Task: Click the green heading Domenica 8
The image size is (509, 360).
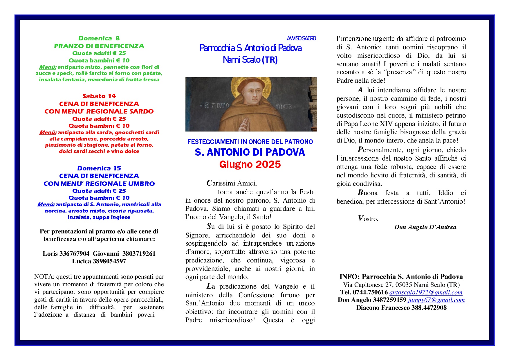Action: click(99, 38)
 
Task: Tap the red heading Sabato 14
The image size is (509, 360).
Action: click(99, 96)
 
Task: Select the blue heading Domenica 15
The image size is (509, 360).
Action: click(99, 168)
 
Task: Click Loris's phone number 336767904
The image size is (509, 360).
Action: click(74, 254)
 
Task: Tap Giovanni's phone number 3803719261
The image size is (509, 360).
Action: click(139, 254)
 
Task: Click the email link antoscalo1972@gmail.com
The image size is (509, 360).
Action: click(426, 293)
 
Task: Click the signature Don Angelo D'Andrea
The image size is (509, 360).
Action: click(425, 227)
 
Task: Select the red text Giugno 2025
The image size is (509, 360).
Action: click(250, 165)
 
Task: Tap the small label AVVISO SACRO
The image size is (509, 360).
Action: click(301, 38)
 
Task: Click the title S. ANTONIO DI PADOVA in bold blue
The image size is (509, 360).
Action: click(250, 152)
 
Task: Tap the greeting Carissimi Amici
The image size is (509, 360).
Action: click(232, 183)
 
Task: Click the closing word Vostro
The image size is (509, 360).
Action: click(368, 219)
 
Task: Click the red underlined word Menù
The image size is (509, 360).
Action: click(48, 133)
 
